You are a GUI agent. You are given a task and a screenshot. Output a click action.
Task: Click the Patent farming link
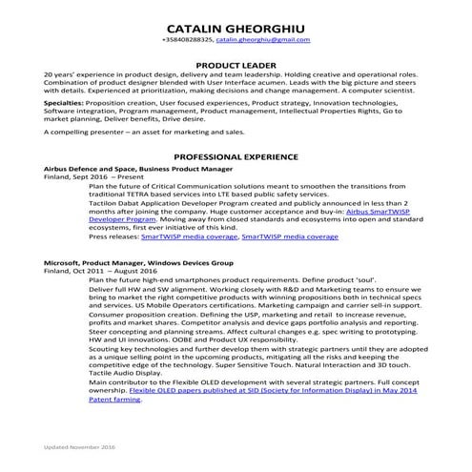113,399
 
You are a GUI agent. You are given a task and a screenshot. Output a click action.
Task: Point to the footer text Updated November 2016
77,445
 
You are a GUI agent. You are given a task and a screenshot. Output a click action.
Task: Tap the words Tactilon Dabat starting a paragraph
110,203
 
